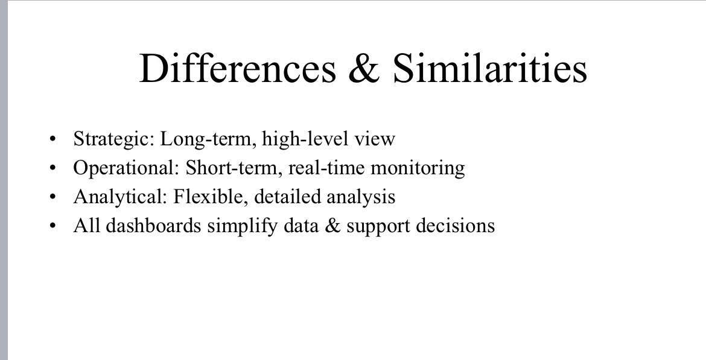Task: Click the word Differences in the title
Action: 237,68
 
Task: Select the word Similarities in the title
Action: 490,68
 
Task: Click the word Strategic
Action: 113,139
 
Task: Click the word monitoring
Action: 418,168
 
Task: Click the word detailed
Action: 285,197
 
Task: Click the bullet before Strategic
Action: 54,140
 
